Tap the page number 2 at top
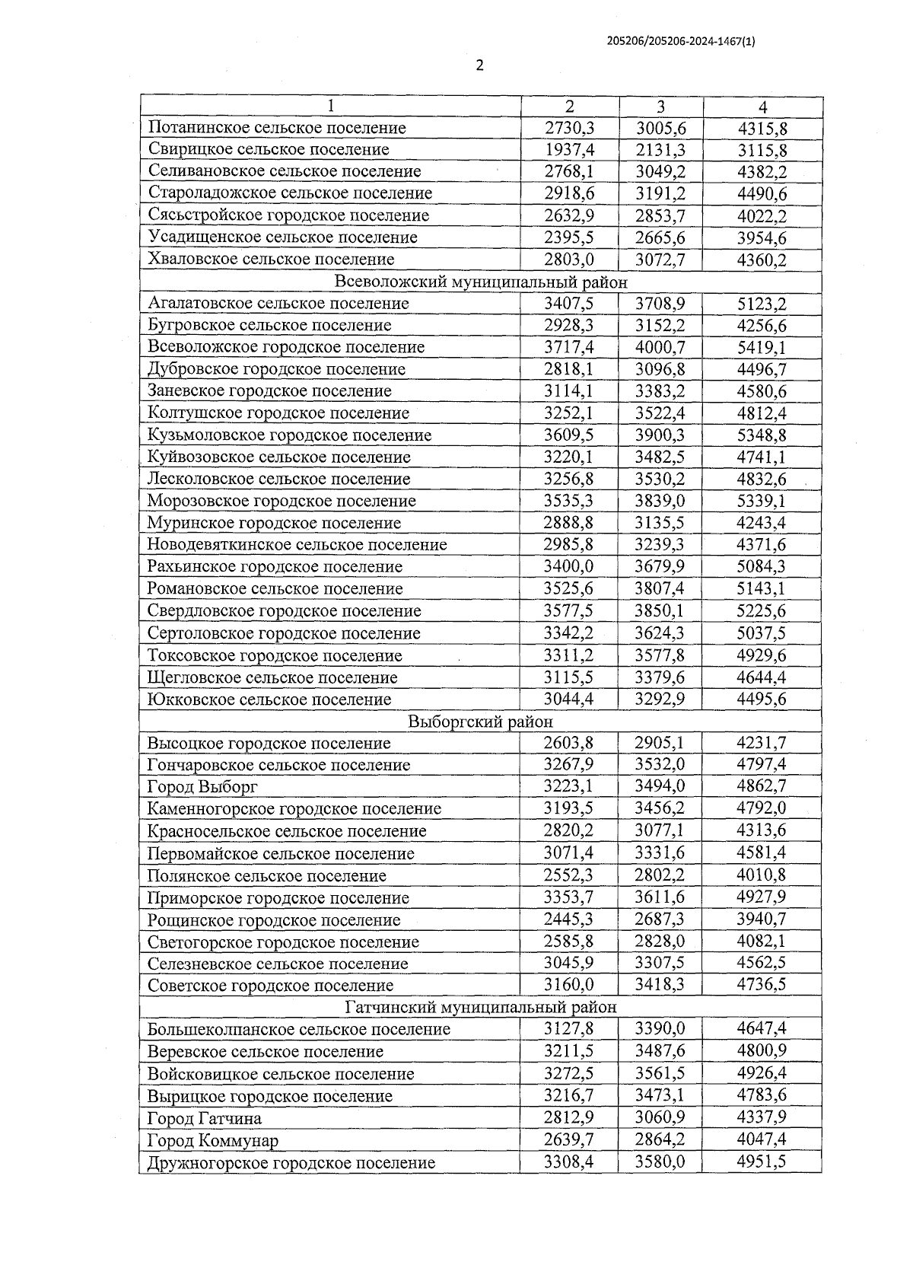(x=479, y=65)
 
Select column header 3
(x=660, y=107)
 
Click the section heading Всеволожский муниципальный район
(x=481, y=282)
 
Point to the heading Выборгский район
(x=480, y=721)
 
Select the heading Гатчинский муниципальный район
(x=480, y=1007)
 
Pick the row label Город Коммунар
(x=212, y=1140)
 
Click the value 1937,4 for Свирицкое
(x=568, y=149)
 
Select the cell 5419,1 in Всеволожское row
(x=762, y=347)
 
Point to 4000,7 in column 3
(x=660, y=347)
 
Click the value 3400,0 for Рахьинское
(x=568, y=566)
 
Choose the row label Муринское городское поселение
(x=274, y=523)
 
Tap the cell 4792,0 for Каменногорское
(x=762, y=808)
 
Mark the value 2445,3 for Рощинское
(x=568, y=919)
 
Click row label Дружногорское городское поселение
(x=291, y=1162)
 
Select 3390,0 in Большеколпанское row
(x=660, y=1029)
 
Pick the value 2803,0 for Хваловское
(x=568, y=260)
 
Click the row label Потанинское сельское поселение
(x=277, y=128)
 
